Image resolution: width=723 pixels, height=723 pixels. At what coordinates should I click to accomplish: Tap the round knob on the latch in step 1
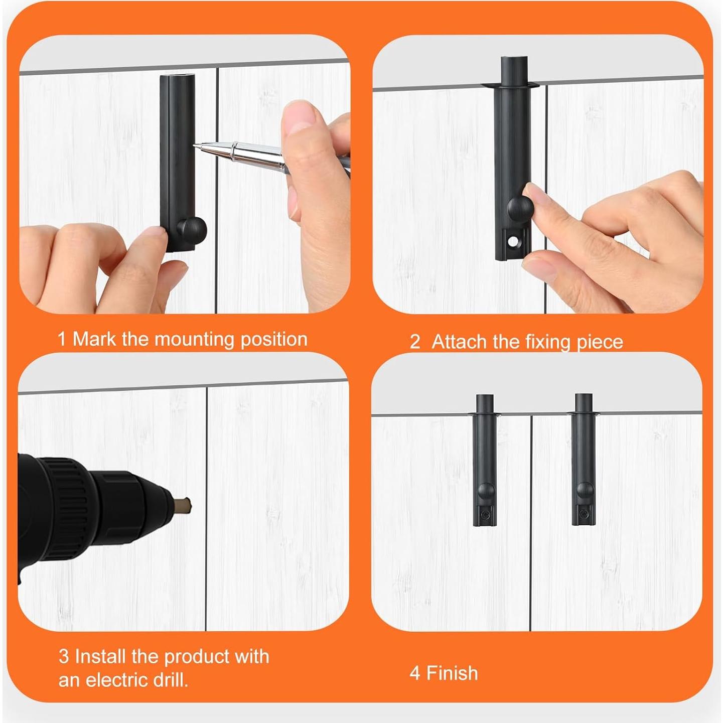point(192,229)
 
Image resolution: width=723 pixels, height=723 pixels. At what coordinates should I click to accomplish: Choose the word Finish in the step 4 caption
point(452,673)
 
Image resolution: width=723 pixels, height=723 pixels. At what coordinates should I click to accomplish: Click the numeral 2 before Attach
point(414,342)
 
